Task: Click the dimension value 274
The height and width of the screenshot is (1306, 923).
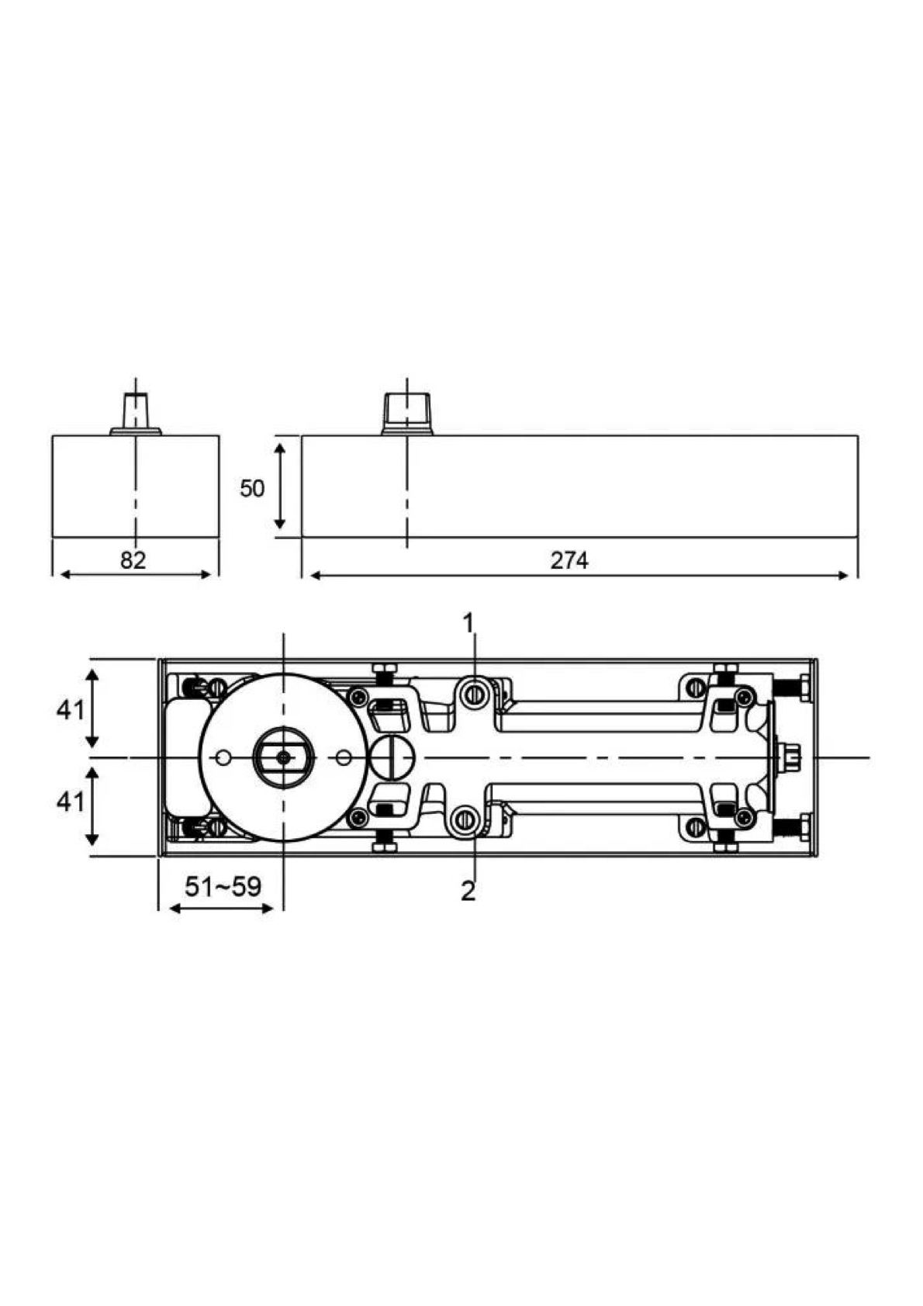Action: click(x=569, y=560)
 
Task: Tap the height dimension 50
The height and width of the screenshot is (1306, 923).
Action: click(x=252, y=488)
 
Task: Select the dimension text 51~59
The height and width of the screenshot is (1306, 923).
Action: click(x=223, y=888)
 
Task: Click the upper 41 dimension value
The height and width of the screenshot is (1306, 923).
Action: click(x=70, y=710)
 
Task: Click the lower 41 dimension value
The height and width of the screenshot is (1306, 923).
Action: click(x=70, y=803)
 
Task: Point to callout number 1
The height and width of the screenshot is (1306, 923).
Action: click(x=468, y=624)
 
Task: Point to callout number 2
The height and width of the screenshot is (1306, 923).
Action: click(x=468, y=892)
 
